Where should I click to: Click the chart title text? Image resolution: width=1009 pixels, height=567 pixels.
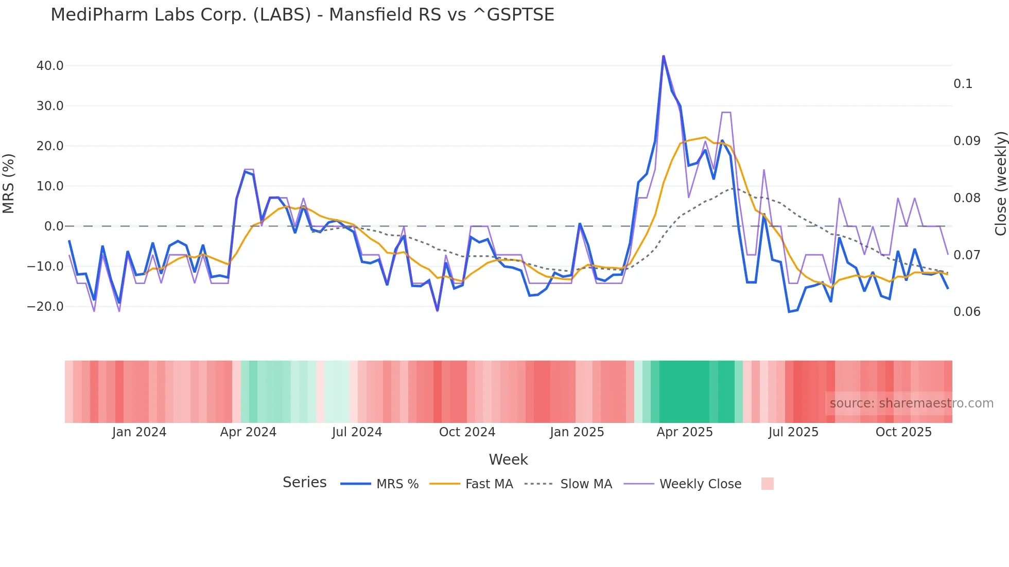click(x=302, y=15)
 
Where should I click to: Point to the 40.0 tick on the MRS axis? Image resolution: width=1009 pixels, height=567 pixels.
click(x=50, y=66)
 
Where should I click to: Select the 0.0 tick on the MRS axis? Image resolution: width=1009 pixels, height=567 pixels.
click(x=54, y=226)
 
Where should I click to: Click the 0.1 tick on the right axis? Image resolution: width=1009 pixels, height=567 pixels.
click(x=963, y=84)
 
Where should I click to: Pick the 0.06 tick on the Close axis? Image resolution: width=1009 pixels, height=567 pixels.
click(x=967, y=312)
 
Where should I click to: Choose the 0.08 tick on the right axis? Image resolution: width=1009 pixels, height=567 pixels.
click(x=967, y=198)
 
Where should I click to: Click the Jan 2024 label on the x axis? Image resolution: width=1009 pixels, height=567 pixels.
click(x=139, y=432)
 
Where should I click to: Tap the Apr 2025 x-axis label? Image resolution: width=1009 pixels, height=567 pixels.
click(x=685, y=432)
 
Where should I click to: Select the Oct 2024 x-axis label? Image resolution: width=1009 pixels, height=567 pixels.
click(x=467, y=432)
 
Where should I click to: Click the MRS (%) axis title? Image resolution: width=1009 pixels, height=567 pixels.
click(x=9, y=184)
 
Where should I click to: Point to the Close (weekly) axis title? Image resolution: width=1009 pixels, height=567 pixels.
click(x=1000, y=184)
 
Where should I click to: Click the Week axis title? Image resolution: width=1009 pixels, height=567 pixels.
click(x=508, y=459)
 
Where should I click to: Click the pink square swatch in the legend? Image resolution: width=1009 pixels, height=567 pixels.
click(x=767, y=484)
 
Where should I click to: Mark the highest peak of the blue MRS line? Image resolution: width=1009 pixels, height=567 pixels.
click(x=664, y=56)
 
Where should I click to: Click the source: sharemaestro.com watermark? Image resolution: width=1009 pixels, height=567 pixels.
click(x=911, y=403)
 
